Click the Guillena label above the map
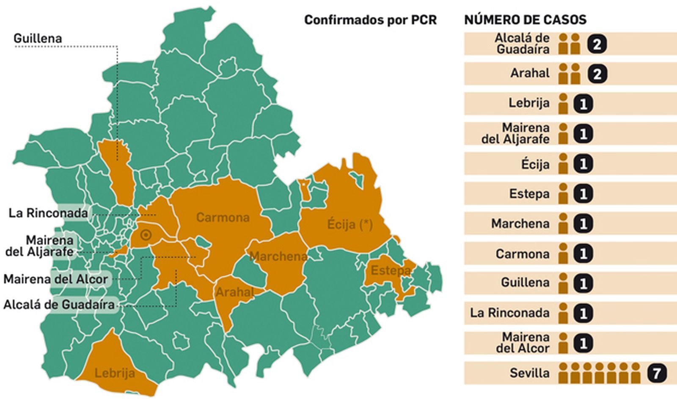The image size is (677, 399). (x=38, y=38)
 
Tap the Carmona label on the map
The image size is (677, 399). (x=223, y=217)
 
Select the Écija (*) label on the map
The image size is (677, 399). (x=350, y=224)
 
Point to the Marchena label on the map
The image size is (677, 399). (x=278, y=256)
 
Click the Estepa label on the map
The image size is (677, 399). (x=390, y=270)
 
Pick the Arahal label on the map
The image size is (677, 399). (x=234, y=292)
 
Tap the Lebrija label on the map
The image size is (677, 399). (x=115, y=373)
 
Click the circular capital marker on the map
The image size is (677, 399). (x=146, y=235)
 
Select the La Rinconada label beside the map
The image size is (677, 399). (x=48, y=213)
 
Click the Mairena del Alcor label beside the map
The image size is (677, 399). (x=55, y=279)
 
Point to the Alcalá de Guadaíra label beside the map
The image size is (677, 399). (x=59, y=305)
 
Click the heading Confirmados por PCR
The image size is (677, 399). (x=370, y=20)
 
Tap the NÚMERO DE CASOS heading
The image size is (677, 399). (x=525, y=20)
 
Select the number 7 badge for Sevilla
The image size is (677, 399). (x=657, y=373)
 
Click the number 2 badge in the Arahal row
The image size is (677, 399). (x=597, y=74)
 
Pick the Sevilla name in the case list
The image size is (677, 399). (x=529, y=373)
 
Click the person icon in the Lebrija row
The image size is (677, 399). (x=563, y=104)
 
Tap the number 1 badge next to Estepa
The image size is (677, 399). (x=583, y=194)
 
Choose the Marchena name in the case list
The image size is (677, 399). (x=520, y=223)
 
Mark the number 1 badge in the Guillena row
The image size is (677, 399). (x=583, y=283)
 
